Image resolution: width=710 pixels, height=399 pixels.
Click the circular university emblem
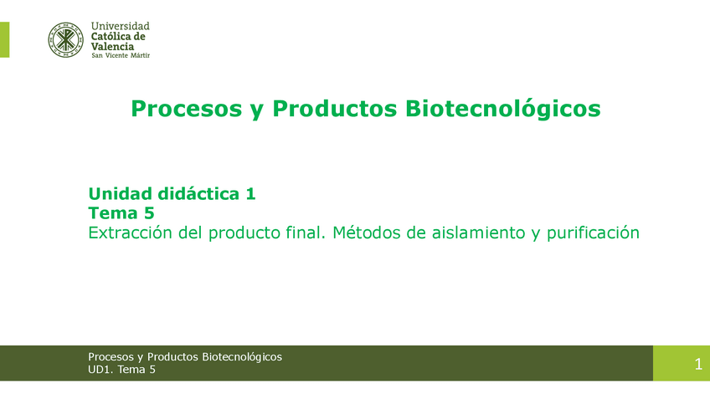point(66,40)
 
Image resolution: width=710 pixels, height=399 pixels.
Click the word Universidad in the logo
point(120,26)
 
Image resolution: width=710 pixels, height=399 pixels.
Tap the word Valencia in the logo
point(112,47)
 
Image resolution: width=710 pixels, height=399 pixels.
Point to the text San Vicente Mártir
point(121,56)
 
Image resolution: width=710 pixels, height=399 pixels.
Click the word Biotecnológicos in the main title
point(502,109)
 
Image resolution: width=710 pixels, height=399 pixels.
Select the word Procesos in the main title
point(187,109)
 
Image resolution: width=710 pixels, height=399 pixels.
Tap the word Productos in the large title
point(335,109)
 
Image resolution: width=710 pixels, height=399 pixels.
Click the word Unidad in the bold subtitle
point(120,193)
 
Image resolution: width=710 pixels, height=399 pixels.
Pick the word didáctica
point(198,193)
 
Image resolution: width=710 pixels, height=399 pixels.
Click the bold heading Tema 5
point(121,212)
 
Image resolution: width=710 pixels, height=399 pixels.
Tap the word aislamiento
point(479,233)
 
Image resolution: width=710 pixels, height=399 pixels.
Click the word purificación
point(593,233)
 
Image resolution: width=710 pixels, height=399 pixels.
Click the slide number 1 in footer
point(698,364)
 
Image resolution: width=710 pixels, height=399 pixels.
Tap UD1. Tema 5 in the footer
point(121,370)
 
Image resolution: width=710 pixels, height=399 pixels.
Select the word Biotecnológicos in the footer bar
point(242,357)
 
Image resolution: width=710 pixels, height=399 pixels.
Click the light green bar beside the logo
point(4,40)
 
